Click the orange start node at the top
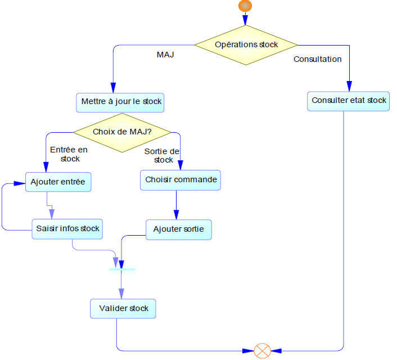[x=245, y=6]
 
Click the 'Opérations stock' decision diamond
[x=246, y=44]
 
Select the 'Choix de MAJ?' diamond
[x=123, y=132]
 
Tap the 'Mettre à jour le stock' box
[x=121, y=102]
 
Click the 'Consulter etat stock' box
[x=349, y=101]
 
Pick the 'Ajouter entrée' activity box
[x=58, y=182]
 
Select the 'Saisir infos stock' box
[x=67, y=228]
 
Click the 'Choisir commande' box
[x=179, y=180]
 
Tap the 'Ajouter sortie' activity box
[x=179, y=229]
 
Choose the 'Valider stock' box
[x=123, y=308]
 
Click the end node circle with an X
[x=262, y=351]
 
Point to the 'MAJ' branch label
[x=165, y=55]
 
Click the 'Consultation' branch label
[x=317, y=59]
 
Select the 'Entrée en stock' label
[x=69, y=154]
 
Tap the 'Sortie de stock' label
[x=162, y=155]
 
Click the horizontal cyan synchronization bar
[x=121, y=269]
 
